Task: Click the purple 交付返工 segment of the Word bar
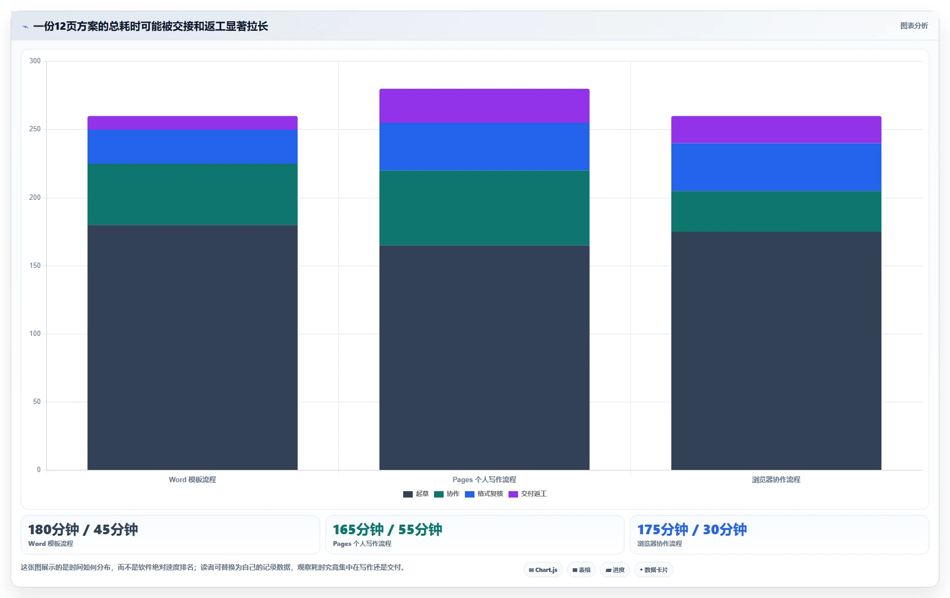[x=193, y=123]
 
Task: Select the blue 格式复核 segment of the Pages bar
[x=484, y=147]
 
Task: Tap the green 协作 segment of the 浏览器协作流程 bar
[x=776, y=212]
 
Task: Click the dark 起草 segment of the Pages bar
[x=484, y=357]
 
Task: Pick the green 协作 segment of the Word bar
[x=193, y=195]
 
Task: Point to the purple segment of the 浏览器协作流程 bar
[x=776, y=130]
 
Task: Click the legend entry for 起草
[x=416, y=494]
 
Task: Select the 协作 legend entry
[x=447, y=494]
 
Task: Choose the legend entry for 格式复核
[x=484, y=494]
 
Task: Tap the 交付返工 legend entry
[x=528, y=494]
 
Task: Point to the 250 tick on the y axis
[x=35, y=129]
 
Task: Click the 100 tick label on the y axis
[x=35, y=334]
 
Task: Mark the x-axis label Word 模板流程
[x=193, y=479]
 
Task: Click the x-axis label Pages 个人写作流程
[x=485, y=479]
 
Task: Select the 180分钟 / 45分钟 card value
[x=83, y=529]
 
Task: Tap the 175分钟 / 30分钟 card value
[x=692, y=529]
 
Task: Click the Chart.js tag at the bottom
[x=543, y=570]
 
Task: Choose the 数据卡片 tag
[x=654, y=570]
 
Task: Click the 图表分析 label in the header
[x=914, y=26]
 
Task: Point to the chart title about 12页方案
[x=151, y=26]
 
